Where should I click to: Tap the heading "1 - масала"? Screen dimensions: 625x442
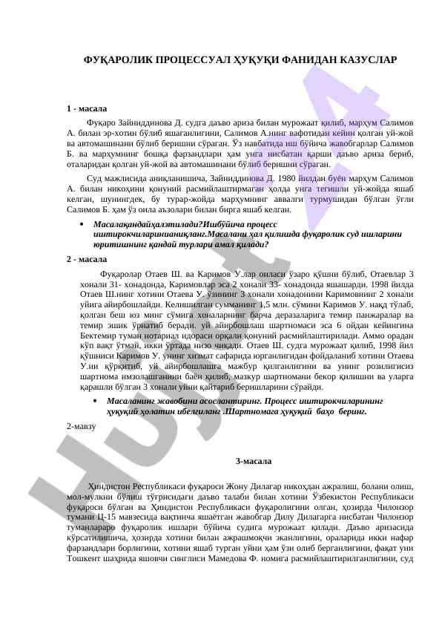coord(86,108)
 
